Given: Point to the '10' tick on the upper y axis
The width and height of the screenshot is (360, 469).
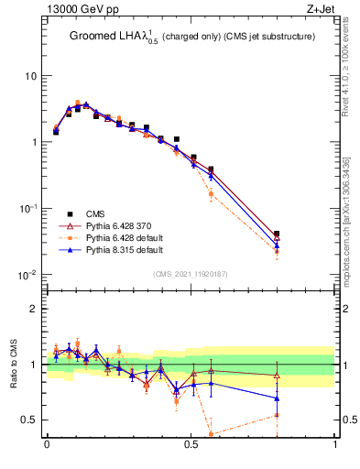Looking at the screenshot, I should click(x=30, y=75).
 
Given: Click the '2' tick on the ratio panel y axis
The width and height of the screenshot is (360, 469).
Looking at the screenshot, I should click(x=34, y=309).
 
